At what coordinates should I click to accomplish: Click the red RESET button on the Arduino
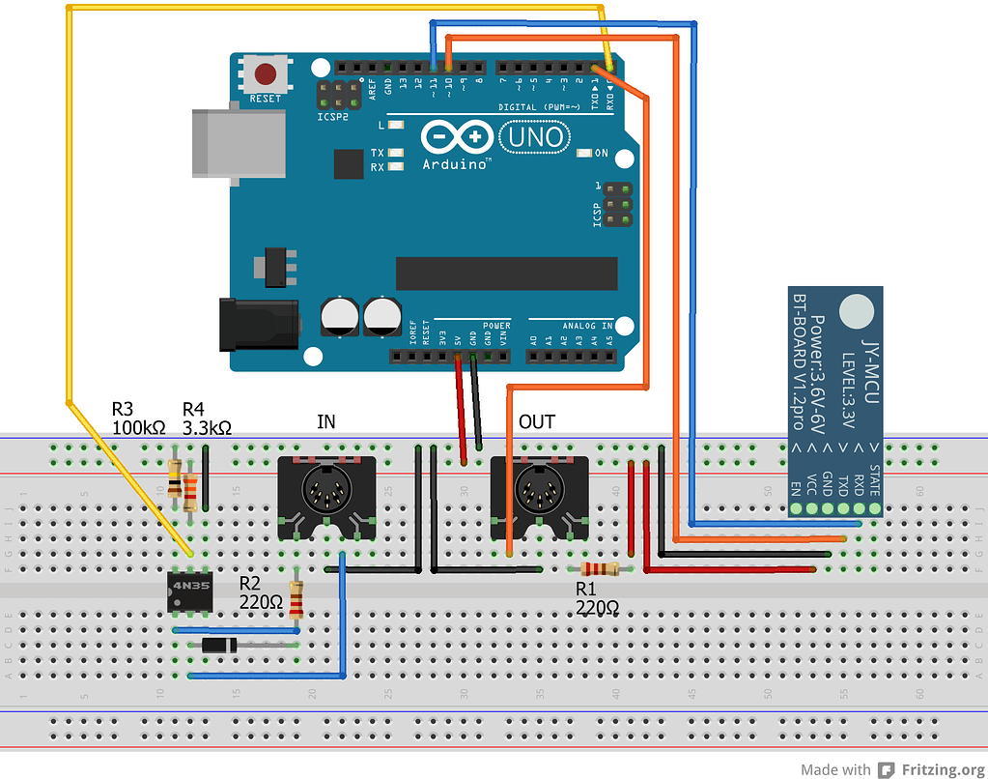(x=266, y=73)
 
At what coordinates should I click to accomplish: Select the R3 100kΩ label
(x=138, y=418)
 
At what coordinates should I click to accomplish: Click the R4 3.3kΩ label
(x=206, y=418)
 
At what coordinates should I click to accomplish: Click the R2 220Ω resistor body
(x=296, y=601)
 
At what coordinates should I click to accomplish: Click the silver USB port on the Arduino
(x=238, y=143)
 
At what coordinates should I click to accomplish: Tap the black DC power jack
(x=256, y=324)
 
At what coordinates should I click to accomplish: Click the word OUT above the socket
(x=537, y=422)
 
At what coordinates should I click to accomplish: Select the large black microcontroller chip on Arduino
(x=505, y=274)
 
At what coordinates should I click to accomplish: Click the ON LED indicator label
(x=601, y=154)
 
